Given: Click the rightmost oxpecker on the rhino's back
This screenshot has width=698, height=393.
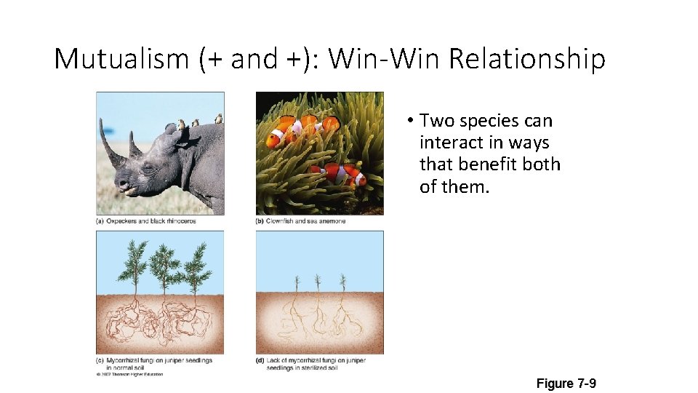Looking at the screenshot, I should (x=217, y=119).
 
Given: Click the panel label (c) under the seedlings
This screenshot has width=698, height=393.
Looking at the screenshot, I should (x=100, y=360).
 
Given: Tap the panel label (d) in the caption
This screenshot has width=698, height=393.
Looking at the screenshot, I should (x=260, y=360).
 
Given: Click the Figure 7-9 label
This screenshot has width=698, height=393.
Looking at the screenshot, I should (x=566, y=383).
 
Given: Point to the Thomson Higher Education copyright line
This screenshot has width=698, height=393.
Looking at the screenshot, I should (x=130, y=375).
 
